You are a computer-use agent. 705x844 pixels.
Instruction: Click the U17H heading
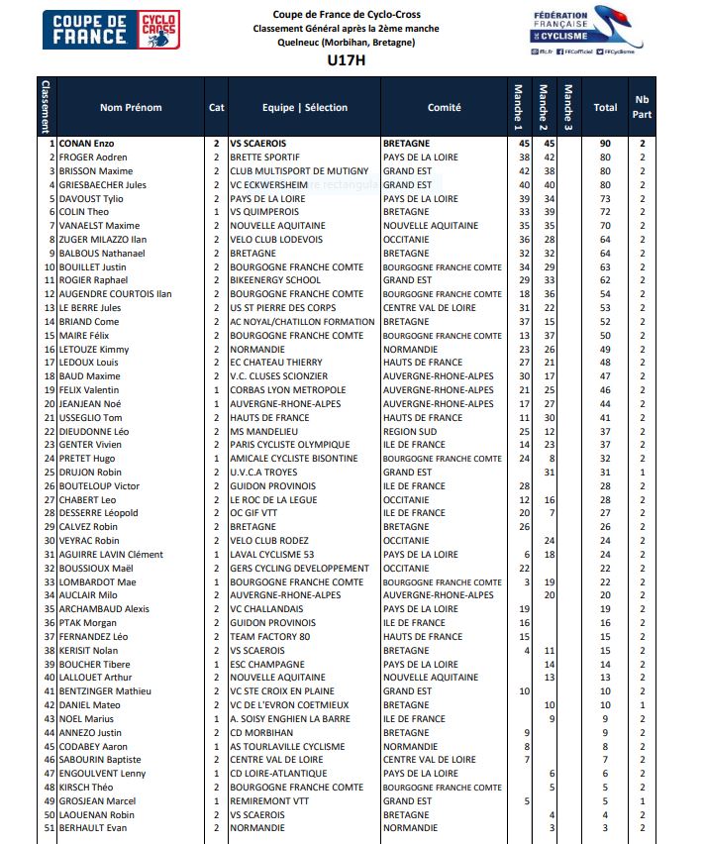pyautogui.click(x=346, y=60)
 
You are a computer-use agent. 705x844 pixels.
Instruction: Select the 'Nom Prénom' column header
pyautogui.click(x=131, y=107)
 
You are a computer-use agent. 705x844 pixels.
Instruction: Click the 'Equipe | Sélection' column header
pyautogui.click(x=305, y=107)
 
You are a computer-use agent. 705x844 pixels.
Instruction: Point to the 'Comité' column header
pyautogui.click(x=444, y=107)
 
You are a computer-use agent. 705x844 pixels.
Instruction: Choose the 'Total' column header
pyautogui.click(x=605, y=107)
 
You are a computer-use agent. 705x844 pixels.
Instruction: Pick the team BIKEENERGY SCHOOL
pyautogui.click(x=275, y=280)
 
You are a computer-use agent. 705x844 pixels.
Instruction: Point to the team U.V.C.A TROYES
pyautogui.click(x=263, y=473)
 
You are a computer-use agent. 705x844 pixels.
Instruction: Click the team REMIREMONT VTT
pyautogui.click(x=267, y=800)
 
